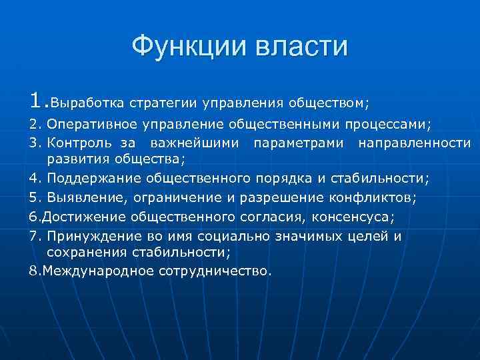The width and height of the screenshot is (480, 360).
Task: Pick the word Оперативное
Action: pyautogui.click(x=91, y=124)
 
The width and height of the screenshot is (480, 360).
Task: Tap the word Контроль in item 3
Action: pyautogui.click(x=75, y=142)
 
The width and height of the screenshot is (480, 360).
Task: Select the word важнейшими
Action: pyautogui.click(x=194, y=142)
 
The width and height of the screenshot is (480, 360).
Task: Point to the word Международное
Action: pyautogui.click(x=97, y=271)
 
